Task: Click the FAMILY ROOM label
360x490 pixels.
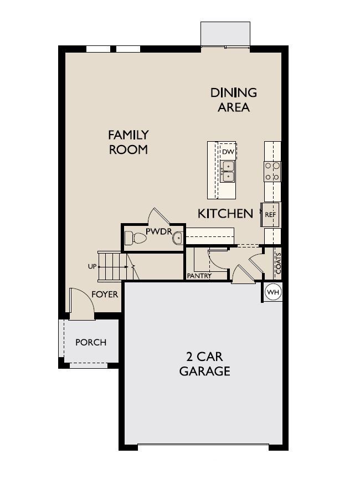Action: [x=128, y=142]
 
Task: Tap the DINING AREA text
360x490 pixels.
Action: [x=233, y=100]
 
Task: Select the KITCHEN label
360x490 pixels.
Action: [x=225, y=214]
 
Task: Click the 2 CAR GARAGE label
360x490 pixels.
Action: [x=205, y=364]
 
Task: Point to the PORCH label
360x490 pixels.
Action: [x=91, y=342]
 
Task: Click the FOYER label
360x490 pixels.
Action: [x=105, y=295]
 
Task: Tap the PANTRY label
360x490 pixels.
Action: [x=199, y=276]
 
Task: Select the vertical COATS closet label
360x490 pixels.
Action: [x=278, y=263]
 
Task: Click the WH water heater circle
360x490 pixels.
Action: [x=273, y=292]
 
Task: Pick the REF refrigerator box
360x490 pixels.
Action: [x=270, y=215]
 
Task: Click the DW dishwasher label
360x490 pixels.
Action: [x=228, y=152]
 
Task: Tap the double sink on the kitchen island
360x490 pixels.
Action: [x=228, y=171]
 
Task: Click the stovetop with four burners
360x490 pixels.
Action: [x=272, y=172]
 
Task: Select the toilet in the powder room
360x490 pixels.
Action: [x=135, y=239]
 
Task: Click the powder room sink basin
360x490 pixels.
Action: [x=177, y=238]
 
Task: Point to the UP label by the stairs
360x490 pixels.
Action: [x=92, y=266]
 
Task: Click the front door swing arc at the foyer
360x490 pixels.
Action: [x=86, y=295]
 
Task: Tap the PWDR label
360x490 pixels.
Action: [x=159, y=231]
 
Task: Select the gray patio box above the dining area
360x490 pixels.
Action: [x=225, y=34]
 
